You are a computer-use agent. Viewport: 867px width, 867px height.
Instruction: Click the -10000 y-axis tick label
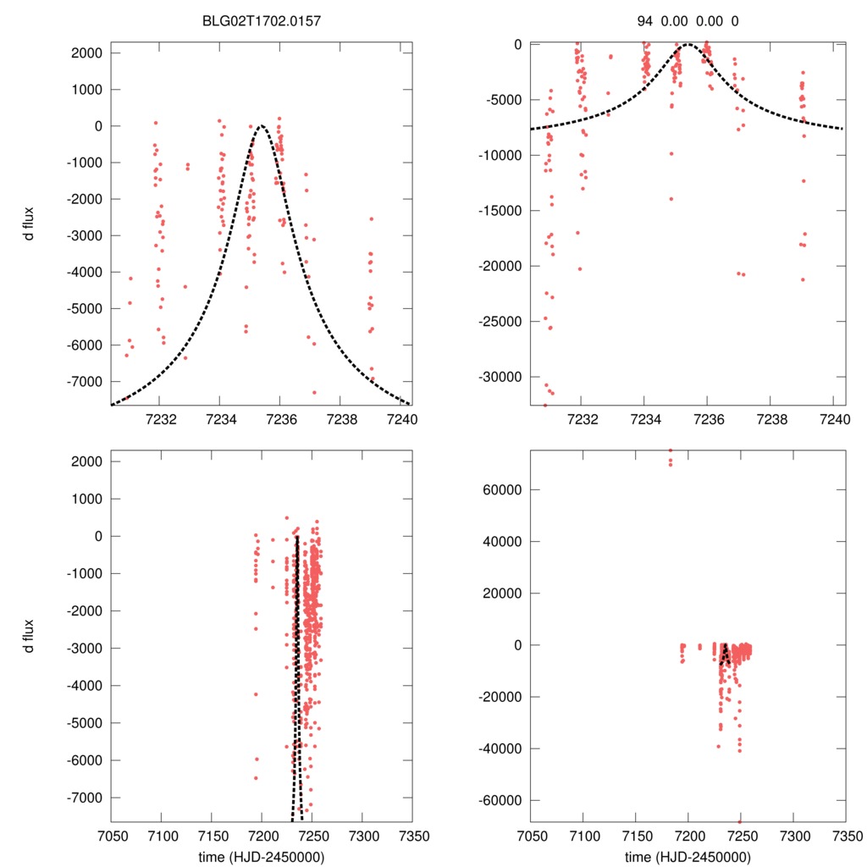[x=501, y=155]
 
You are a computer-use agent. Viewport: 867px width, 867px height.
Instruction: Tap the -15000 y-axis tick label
[x=501, y=211]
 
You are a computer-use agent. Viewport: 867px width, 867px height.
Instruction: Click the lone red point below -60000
[x=739, y=820]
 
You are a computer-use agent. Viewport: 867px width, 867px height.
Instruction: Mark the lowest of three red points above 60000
[x=671, y=464]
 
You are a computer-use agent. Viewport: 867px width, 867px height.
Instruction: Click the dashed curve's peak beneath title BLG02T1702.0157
[x=262, y=126]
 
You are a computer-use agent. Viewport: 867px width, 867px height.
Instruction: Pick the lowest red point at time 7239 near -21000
[x=802, y=279]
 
